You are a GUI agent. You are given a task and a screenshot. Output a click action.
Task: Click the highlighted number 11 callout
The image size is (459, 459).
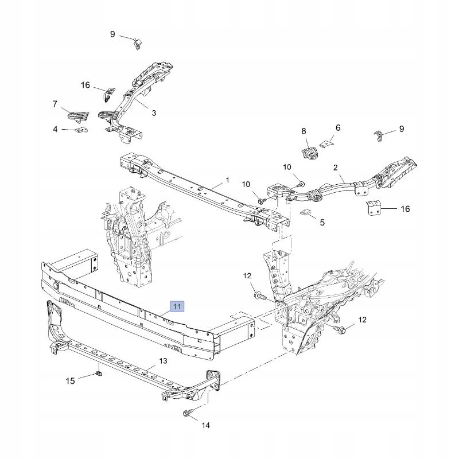[x=177, y=306]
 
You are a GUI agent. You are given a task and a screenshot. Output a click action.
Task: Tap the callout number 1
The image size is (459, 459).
[x=227, y=180]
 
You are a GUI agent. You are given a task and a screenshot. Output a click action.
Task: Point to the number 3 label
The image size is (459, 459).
[x=154, y=113]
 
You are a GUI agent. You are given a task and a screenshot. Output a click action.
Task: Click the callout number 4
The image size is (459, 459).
[x=56, y=130]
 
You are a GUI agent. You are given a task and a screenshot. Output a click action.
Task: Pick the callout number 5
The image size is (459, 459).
[x=322, y=222]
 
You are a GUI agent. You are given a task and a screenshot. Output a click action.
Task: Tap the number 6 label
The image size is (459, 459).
[x=338, y=128]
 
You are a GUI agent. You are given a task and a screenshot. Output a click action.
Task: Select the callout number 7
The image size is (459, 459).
[x=55, y=104]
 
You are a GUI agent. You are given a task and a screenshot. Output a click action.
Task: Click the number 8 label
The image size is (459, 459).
[x=304, y=131]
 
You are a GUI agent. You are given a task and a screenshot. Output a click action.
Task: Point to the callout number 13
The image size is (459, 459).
[x=163, y=361]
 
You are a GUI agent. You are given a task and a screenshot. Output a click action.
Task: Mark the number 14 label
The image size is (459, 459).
[x=206, y=426]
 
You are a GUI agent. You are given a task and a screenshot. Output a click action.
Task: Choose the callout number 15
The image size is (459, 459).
[x=70, y=381]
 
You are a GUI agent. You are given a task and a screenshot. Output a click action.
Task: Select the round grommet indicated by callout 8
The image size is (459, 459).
[x=309, y=153]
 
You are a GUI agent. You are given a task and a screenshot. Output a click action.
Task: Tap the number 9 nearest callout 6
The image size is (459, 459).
[x=402, y=129]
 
